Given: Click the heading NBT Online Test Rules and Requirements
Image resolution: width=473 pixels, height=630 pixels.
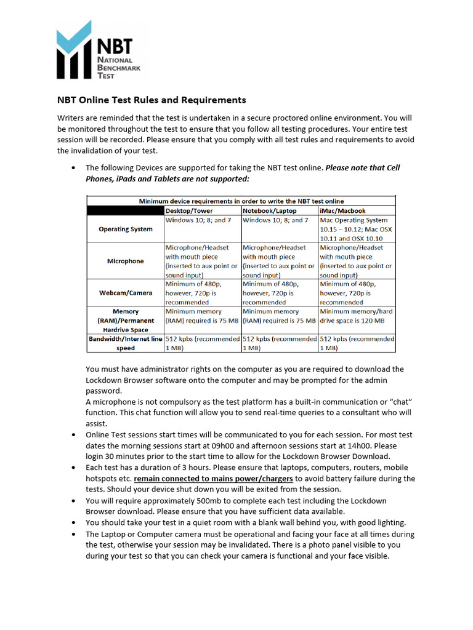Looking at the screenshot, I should (x=152, y=100).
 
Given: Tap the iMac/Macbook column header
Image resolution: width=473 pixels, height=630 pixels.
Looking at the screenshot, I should (x=342, y=210).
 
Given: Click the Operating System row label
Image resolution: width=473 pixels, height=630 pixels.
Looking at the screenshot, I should (x=126, y=229).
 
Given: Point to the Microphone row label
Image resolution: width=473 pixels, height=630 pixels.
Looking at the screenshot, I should (x=126, y=261).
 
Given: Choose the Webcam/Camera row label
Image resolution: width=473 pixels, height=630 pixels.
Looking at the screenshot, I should (x=126, y=293).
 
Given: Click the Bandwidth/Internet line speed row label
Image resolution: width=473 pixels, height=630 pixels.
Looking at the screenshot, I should (x=126, y=343).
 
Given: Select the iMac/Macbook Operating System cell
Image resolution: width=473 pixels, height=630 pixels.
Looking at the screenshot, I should (x=356, y=229).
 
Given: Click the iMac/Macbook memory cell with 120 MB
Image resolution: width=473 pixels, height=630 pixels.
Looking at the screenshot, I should (x=356, y=316).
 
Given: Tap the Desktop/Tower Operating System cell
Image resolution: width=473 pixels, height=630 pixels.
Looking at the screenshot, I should (x=198, y=220).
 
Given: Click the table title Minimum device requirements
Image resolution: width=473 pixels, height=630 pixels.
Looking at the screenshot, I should (x=241, y=201).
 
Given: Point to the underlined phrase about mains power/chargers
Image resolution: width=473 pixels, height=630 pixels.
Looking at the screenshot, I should (x=214, y=478).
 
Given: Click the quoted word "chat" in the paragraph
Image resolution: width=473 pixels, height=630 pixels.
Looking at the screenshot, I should (x=398, y=402).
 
